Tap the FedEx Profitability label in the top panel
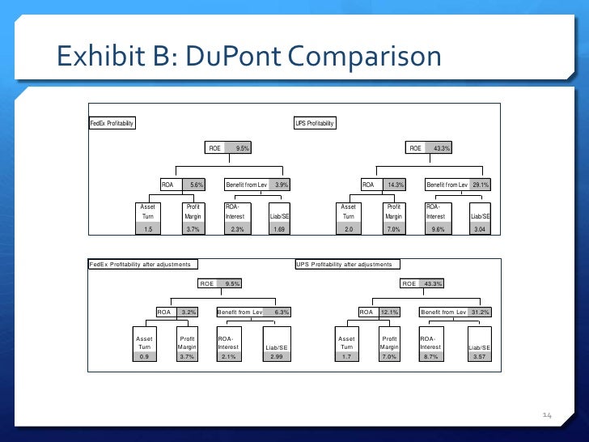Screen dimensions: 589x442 click(x=112, y=123)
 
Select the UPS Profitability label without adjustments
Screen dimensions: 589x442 click(x=315, y=123)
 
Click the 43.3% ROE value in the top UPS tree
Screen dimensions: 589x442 click(x=442, y=148)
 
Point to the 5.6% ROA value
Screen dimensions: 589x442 click(x=196, y=185)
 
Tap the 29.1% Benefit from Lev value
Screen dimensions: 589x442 click(x=481, y=185)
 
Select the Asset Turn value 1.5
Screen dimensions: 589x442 click(x=148, y=230)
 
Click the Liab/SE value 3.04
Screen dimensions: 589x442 click(x=480, y=230)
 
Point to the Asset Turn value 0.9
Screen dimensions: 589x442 click(x=145, y=356)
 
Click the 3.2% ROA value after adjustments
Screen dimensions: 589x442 click(x=189, y=312)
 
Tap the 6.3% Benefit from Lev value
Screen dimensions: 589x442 click(x=282, y=312)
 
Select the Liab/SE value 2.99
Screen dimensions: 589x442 click(x=277, y=356)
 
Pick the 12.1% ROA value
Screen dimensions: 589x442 click(x=390, y=312)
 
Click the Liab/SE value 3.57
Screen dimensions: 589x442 click(x=479, y=356)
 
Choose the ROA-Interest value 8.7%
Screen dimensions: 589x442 click(x=430, y=356)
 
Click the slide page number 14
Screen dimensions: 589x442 click(x=546, y=415)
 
